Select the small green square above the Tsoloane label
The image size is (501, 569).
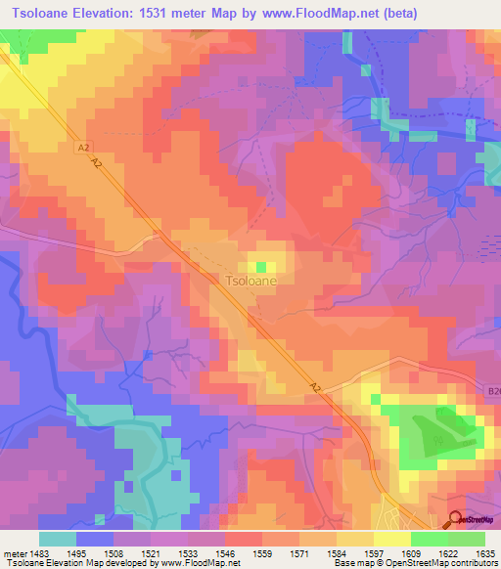coord(261,267)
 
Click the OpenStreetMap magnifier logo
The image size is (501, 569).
coord(457,520)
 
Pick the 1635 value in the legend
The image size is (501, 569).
coord(484,553)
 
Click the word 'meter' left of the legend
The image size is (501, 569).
coord(13,553)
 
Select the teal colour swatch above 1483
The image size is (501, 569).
coord(58,539)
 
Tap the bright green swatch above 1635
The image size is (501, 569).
coord(466,539)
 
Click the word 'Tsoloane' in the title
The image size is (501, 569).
coord(42,14)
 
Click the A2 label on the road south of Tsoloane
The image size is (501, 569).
coord(316,388)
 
